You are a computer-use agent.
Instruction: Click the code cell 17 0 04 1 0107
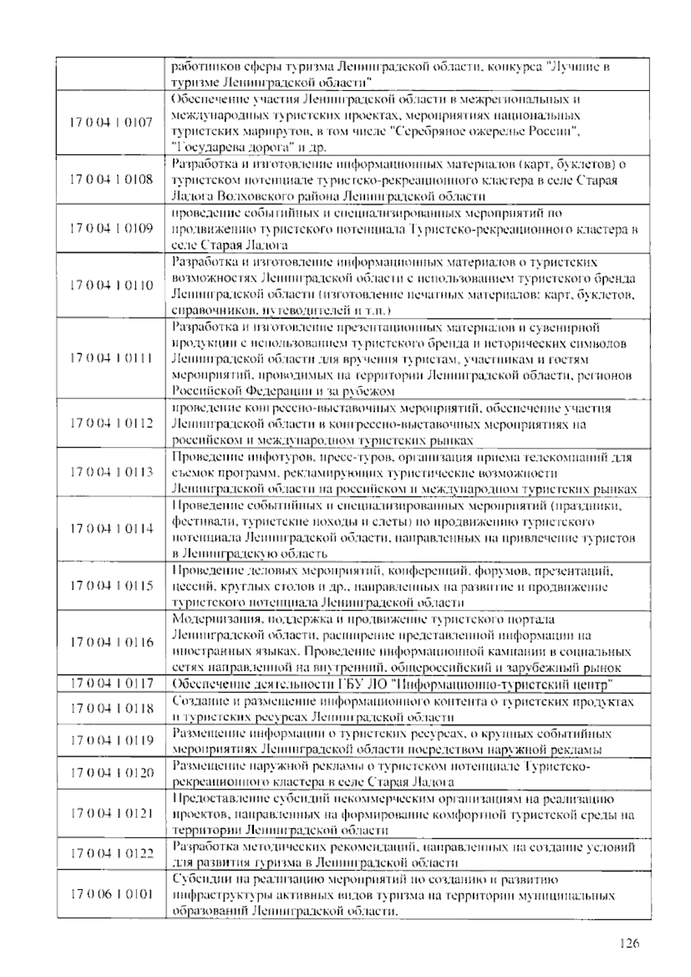pyautogui.click(x=111, y=123)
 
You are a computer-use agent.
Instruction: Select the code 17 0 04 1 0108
pyautogui.click(x=111, y=179)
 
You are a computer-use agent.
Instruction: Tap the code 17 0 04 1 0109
pyautogui.click(x=111, y=228)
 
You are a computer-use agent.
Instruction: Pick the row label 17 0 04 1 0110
pyautogui.click(x=111, y=285)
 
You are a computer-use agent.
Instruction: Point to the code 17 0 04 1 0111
pyautogui.click(x=111, y=358)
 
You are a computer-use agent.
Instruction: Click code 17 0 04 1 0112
pyautogui.click(x=111, y=423)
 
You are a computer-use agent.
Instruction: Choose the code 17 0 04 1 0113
pyautogui.click(x=111, y=472)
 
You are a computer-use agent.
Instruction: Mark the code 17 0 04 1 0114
pyautogui.click(x=111, y=529)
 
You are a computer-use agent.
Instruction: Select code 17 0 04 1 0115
pyautogui.click(x=111, y=586)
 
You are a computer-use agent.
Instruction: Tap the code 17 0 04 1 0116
pyautogui.click(x=111, y=642)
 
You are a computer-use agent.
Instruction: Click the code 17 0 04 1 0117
pyautogui.click(x=111, y=684)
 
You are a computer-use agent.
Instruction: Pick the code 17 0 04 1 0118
pyautogui.click(x=111, y=708)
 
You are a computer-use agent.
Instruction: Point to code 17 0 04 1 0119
pyautogui.click(x=111, y=740)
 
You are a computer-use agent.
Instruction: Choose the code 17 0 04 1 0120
pyautogui.click(x=111, y=773)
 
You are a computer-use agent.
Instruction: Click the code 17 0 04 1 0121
pyautogui.click(x=111, y=813)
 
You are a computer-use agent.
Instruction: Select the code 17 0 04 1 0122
pyautogui.click(x=111, y=854)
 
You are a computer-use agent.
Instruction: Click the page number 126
pyautogui.click(x=629, y=944)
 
